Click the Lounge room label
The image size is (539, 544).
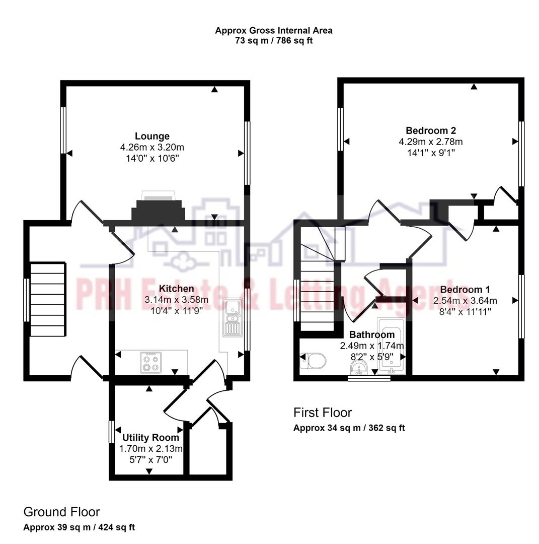tap(152, 136)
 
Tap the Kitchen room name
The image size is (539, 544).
tap(176, 289)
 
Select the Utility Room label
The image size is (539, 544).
tap(150, 437)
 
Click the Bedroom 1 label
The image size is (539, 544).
tap(465, 290)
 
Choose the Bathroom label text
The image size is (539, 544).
tap(372, 334)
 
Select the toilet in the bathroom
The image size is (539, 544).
tap(314, 361)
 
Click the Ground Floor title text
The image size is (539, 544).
tap(61, 512)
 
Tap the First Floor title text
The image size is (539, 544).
tap(323, 413)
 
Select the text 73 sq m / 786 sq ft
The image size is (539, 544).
tap(274, 41)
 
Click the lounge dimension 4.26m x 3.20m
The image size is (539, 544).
tap(152, 148)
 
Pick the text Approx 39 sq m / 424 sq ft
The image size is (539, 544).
tap(79, 527)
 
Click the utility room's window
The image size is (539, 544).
tap(111, 431)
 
